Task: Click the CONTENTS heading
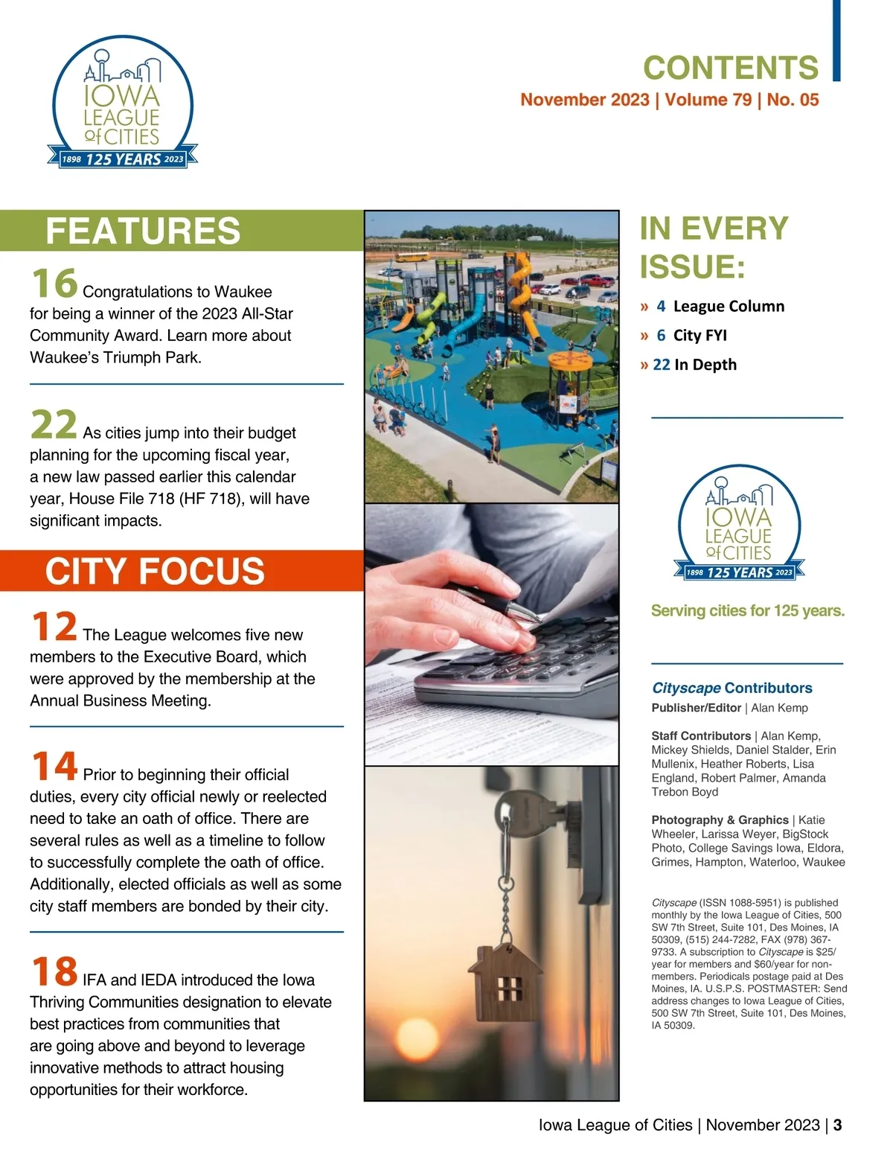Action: (x=730, y=68)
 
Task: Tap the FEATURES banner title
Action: (x=143, y=231)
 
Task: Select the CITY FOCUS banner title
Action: (x=155, y=571)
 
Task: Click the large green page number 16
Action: (x=54, y=283)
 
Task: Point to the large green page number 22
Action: (x=54, y=424)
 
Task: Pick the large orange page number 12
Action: (x=54, y=626)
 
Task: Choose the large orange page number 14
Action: (x=54, y=766)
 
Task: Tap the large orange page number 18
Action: (x=54, y=971)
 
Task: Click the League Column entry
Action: (x=728, y=306)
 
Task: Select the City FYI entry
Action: (x=700, y=335)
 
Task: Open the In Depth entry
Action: (x=704, y=364)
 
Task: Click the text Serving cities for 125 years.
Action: (x=747, y=611)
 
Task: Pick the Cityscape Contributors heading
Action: (x=732, y=688)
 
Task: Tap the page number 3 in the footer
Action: (x=837, y=1125)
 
